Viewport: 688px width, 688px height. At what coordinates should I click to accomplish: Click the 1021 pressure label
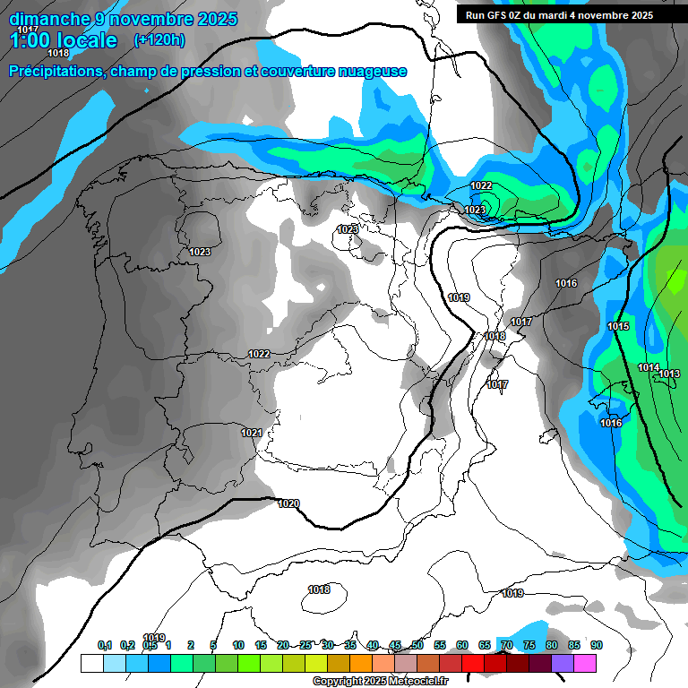click(252, 433)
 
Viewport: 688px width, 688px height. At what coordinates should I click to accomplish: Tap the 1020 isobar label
click(288, 503)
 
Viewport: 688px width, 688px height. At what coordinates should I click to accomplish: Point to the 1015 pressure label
click(618, 326)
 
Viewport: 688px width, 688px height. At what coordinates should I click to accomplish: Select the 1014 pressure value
click(649, 368)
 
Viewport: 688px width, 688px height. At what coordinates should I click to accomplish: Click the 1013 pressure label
click(669, 374)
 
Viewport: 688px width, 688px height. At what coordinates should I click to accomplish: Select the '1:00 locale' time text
click(64, 40)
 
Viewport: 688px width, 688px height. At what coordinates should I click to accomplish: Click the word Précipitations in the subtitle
click(55, 72)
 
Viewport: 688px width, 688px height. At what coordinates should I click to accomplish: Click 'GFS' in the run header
click(506, 15)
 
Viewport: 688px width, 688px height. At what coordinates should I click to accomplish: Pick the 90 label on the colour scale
click(597, 645)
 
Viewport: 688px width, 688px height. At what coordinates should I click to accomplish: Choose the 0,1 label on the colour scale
click(105, 645)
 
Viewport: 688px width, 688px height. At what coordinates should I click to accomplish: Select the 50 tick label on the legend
click(417, 645)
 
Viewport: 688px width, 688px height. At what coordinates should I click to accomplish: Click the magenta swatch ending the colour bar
click(584, 663)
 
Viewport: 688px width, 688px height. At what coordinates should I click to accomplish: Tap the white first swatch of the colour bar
click(91, 663)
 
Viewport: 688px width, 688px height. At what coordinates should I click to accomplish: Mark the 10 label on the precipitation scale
click(238, 645)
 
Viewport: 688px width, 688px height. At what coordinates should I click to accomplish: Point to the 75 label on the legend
click(529, 645)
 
